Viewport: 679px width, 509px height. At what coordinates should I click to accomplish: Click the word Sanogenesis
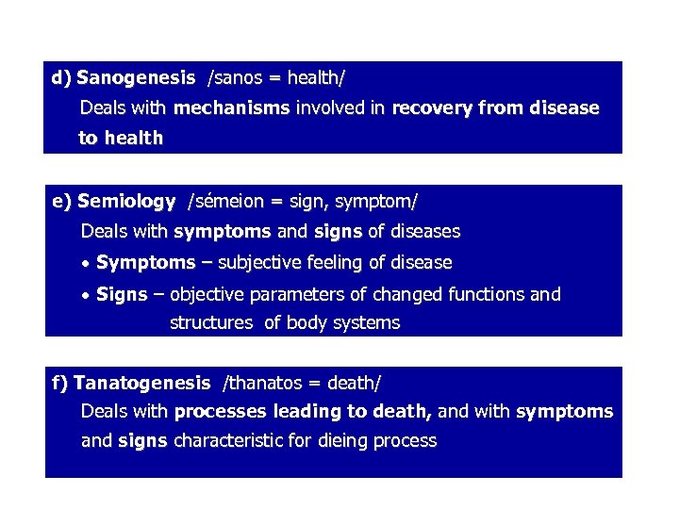(x=136, y=77)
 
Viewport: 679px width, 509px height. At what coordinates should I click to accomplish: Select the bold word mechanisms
(x=232, y=107)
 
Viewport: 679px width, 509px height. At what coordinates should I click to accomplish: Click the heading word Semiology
(x=126, y=201)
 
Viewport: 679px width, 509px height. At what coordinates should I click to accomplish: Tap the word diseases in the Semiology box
(x=426, y=231)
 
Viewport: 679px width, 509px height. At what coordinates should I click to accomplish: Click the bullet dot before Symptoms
(x=87, y=264)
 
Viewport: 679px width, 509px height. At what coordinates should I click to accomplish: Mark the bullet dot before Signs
(x=87, y=296)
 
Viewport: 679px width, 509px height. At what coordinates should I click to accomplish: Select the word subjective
(x=255, y=262)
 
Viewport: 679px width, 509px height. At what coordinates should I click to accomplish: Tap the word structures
(x=211, y=323)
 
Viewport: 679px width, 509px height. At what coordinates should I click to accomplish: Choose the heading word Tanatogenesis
(x=141, y=383)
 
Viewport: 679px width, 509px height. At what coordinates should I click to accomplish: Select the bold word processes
(x=220, y=411)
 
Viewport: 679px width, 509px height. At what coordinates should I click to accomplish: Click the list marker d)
(x=62, y=77)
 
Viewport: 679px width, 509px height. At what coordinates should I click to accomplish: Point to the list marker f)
(x=60, y=383)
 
